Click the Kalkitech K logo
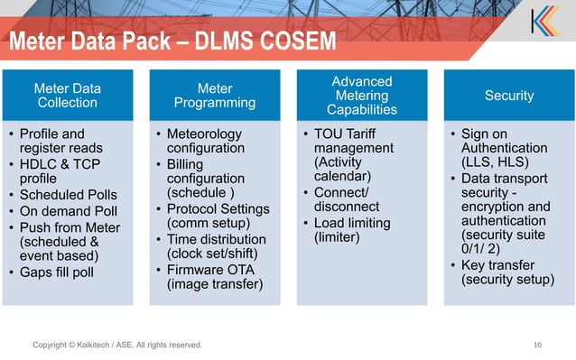[544, 21]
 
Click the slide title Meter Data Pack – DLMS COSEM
[172, 42]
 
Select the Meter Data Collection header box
[67, 96]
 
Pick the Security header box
[508, 96]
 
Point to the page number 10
[538, 345]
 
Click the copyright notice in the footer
[117, 345]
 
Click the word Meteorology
[208, 134]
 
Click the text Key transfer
[497, 264]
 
